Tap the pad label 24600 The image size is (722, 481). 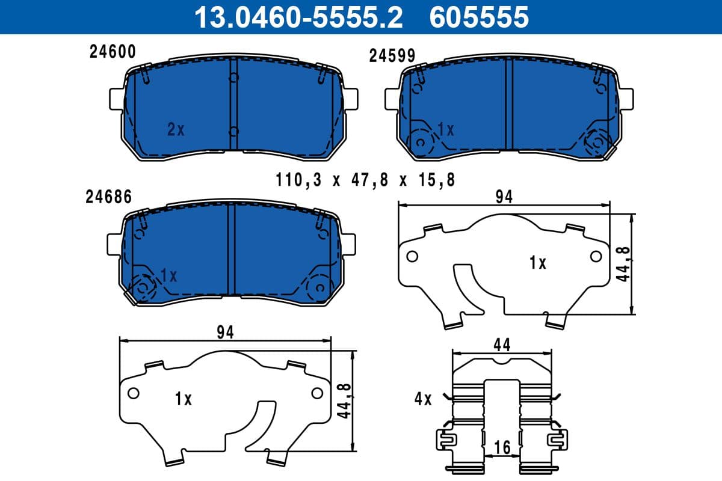[x=113, y=52]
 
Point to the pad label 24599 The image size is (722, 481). [x=392, y=56]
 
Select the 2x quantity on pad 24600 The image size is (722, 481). [x=176, y=129]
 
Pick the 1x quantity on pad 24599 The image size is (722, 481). [x=446, y=129]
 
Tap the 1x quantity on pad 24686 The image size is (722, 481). [x=168, y=275]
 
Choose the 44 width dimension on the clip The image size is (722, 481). [x=502, y=345]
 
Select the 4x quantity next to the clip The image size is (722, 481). [x=423, y=399]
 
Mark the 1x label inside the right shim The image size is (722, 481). [x=537, y=263]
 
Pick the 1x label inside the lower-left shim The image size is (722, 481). [x=183, y=399]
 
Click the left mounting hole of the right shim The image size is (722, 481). [x=412, y=256]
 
